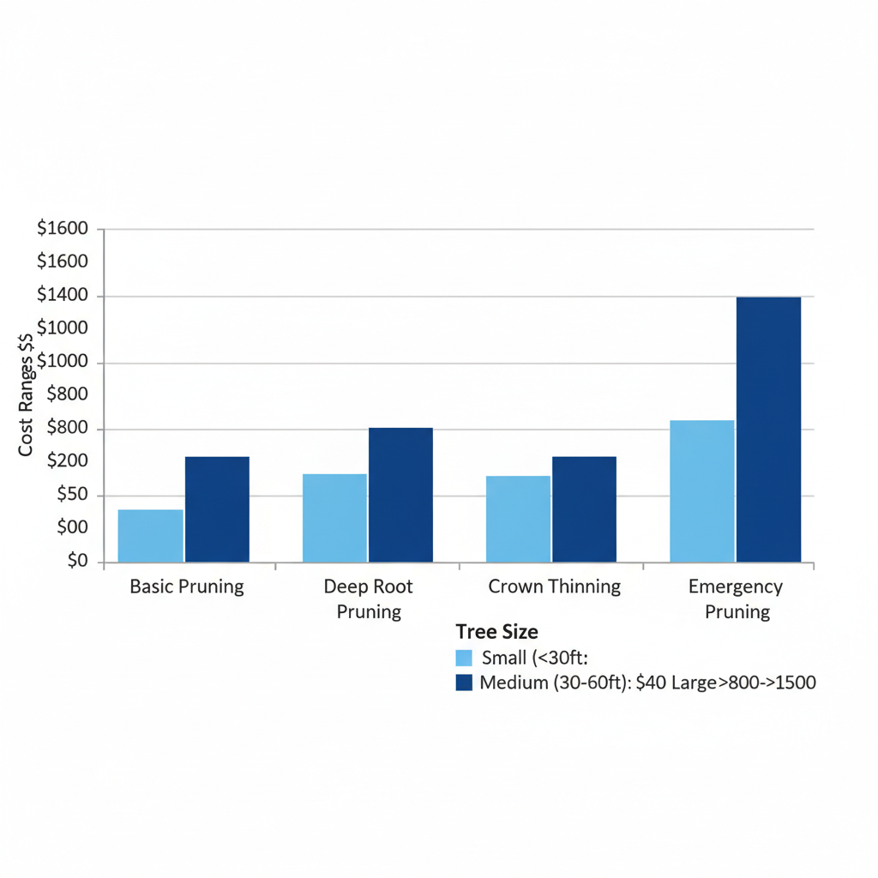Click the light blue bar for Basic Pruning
[150, 536]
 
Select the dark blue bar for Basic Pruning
[217, 509]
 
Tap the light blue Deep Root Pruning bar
[334, 518]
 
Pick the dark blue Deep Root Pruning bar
[400, 495]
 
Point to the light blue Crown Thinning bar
[518, 519]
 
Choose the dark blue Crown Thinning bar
[584, 509]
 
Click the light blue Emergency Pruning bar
[701, 491]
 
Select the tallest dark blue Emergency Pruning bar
[768, 430]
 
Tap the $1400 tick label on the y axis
[63, 296]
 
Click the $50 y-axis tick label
[71, 495]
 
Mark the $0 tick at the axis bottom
[77, 561]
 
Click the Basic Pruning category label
[187, 587]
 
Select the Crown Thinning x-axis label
[554, 587]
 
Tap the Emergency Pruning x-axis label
[737, 598]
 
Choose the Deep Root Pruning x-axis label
[368, 598]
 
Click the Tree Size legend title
[496, 632]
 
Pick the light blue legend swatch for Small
[464, 658]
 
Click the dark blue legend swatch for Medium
[464, 683]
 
